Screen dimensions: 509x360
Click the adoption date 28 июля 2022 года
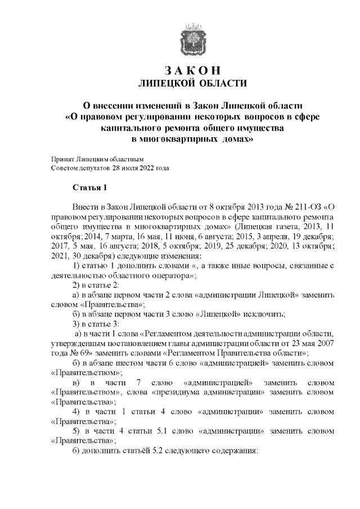tap(141, 168)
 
